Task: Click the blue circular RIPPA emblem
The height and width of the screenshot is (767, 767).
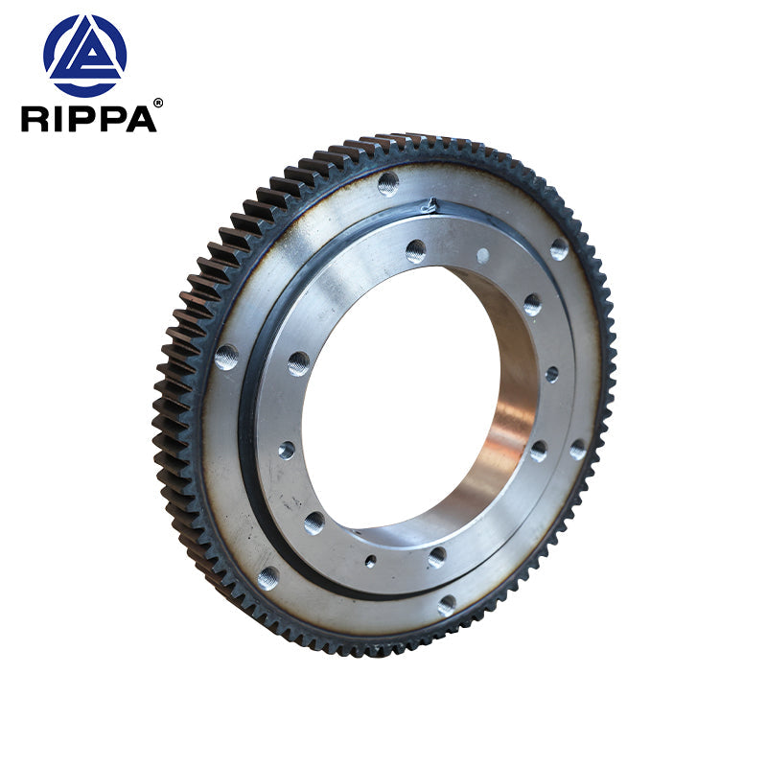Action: (84, 56)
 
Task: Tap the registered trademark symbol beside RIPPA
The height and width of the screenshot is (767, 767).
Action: (158, 103)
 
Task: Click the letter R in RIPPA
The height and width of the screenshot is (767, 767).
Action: (35, 118)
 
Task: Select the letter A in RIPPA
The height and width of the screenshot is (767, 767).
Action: (141, 118)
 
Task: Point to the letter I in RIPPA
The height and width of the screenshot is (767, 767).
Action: (58, 118)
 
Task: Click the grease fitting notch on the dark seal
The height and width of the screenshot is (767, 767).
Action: (430, 204)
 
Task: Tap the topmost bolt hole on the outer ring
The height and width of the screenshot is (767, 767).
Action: (387, 183)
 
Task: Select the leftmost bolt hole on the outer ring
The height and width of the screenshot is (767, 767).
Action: (226, 357)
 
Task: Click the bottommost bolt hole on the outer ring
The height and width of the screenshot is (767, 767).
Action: (447, 605)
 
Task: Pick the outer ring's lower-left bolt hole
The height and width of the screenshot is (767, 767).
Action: (267, 577)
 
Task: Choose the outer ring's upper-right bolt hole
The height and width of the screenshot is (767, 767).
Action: (558, 249)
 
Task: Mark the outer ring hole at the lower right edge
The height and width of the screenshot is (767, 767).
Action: (577, 449)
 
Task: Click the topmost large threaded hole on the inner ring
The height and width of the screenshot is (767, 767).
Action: (415, 251)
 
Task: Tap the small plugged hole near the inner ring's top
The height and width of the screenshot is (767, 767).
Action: (482, 255)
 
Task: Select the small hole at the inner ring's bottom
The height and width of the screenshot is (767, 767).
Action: (370, 561)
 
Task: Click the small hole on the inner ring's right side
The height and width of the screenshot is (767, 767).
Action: (551, 374)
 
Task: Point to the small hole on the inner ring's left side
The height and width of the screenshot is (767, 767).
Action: (287, 450)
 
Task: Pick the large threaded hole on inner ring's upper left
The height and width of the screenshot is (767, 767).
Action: (298, 363)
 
